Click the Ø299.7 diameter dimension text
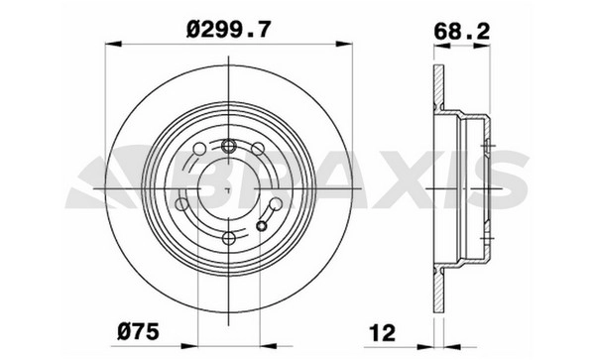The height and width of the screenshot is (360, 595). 229,29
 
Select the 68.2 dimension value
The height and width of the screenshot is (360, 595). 462,32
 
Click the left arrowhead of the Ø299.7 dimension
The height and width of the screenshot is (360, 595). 113,44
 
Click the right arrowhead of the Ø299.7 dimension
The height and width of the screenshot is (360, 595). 344,44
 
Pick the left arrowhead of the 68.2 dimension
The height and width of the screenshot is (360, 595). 441,46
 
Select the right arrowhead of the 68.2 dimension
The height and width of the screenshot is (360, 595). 482,46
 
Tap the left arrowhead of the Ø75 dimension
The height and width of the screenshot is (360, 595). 189,346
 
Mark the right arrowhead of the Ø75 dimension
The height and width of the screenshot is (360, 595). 269,346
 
